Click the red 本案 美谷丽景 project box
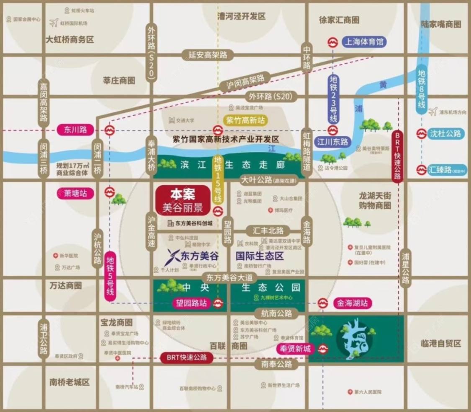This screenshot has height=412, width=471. tap(182, 200)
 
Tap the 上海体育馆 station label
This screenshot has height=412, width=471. tap(364, 42)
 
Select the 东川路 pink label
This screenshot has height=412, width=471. tap(76, 130)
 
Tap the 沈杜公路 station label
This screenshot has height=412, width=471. tap(445, 134)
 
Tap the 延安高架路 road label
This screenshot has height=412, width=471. tap(208, 54)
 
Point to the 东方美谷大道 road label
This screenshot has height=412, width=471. tap(230, 277)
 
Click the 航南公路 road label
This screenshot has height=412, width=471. tap(276, 313)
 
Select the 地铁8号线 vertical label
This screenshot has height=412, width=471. tap(422, 89)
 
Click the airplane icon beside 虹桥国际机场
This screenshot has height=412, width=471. tap(53, 23)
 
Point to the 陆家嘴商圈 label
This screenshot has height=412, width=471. tap(440, 24)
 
